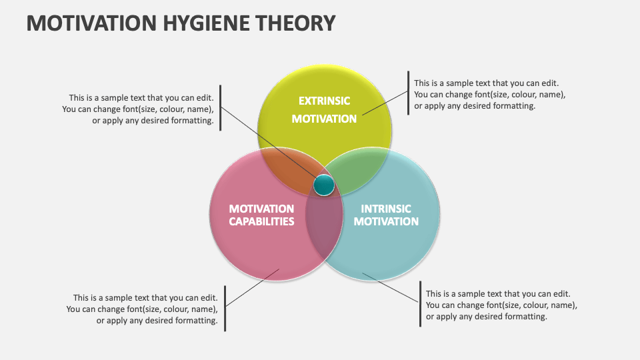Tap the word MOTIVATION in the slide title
[89, 23]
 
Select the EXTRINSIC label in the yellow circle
[324, 101]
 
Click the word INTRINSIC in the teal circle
[386, 209]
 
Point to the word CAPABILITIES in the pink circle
[261, 221]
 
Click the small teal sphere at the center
[324, 185]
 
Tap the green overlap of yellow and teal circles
[357, 169]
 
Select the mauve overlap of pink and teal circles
[324, 227]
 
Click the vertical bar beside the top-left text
[220, 108]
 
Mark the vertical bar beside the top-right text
[409, 93]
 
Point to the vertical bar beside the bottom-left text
[225, 308]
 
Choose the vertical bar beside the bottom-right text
[420, 304]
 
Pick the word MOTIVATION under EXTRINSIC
[324, 119]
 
